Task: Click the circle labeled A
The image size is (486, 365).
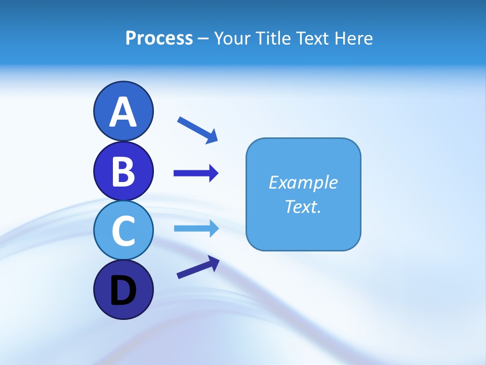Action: click(x=123, y=111)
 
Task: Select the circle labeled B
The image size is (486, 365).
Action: click(x=123, y=171)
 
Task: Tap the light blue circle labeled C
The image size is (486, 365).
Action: click(x=123, y=231)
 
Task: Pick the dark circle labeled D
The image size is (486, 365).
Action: click(x=123, y=290)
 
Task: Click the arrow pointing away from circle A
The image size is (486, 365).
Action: click(x=197, y=130)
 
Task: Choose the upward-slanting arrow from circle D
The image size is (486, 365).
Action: click(x=198, y=267)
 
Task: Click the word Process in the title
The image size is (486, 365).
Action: click(x=159, y=38)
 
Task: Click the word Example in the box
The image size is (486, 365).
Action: click(x=303, y=182)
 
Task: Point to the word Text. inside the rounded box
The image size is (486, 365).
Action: click(x=303, y=206)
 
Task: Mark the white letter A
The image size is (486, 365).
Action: click(x=123, y=112)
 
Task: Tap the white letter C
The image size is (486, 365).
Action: click(x=123, y=231)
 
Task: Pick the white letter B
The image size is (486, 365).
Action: click(x=123, y=171)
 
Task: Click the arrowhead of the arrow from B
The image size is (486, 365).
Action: click(x=214, y=173)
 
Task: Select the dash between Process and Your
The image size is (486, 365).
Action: click(x=204, y=39)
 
